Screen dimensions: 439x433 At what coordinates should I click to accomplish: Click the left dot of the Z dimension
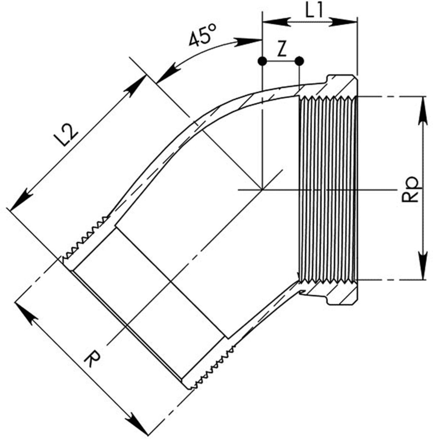[262, 60]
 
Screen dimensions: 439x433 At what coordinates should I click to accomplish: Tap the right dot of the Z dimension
[299, 60]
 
